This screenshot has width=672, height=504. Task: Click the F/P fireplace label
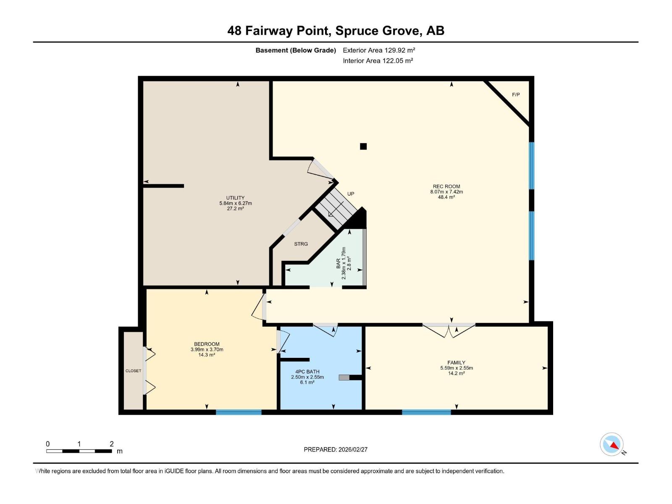[516, 94]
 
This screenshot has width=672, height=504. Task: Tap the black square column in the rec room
[363, 146]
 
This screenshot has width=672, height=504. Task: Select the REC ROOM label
[446, 186]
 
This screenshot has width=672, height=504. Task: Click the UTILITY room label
[235, 198]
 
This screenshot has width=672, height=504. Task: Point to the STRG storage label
[301, 244]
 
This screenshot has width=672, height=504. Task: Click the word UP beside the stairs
[351, 194]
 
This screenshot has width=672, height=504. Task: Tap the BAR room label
[339, 264]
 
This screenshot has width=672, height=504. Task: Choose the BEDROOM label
[207, 344]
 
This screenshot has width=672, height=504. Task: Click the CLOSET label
[133, 371]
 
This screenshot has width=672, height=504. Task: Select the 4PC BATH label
[307, 372]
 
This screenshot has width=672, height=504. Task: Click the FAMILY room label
[456, 362]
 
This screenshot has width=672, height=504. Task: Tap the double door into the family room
[449, 330]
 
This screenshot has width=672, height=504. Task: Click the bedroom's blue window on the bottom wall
[239, 412]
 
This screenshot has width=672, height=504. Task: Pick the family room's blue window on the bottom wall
[426, 412]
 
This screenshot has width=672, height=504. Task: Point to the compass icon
[612, 444]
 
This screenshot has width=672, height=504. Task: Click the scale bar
[79, 451]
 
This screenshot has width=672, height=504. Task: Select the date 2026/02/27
[352, 449]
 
